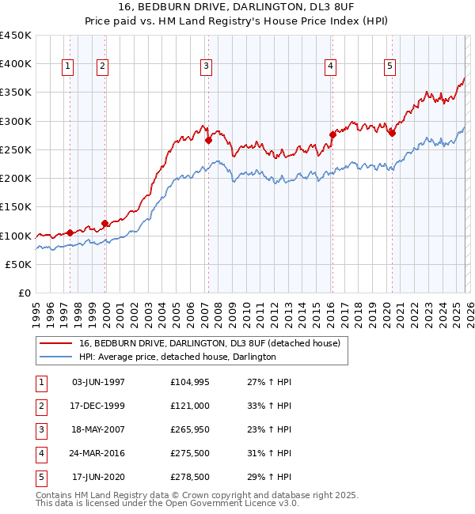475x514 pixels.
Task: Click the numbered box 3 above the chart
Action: (205, 66)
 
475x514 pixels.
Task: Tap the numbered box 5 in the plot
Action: (390, 66)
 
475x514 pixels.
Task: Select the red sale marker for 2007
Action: (208, 141)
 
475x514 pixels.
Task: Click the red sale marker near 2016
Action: (332, 135)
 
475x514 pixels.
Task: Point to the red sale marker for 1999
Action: (104, 224)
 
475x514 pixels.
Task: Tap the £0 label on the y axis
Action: (24, 293)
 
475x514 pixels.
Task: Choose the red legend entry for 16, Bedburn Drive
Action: (209, 343)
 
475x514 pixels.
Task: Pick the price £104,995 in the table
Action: (189, 383)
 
